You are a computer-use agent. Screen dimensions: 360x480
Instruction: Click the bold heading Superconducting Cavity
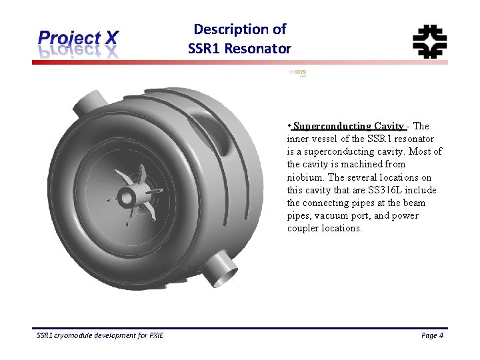click(348, 126)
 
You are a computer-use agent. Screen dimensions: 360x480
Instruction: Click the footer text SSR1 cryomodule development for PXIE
click(100, 335)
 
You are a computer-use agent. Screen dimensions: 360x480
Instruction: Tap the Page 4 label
click(432, 335)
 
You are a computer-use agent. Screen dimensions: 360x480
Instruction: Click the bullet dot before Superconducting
click(289, 125)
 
